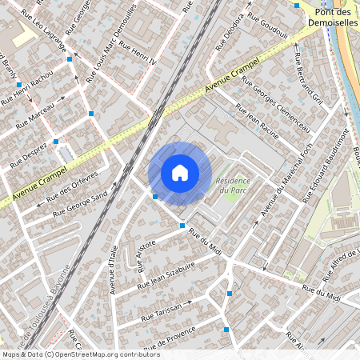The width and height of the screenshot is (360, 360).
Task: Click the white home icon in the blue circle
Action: (x=180, y=172)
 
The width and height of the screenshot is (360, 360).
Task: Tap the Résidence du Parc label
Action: (x=232, y=186)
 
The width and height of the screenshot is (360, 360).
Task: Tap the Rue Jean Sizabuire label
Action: (x=166, y=274)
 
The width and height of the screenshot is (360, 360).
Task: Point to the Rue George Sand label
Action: (x=79, y=206)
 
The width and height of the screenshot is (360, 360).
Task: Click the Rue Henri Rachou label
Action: (x=27, y=86)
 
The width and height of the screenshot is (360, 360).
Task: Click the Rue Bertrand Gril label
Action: (x=308, y=79)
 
